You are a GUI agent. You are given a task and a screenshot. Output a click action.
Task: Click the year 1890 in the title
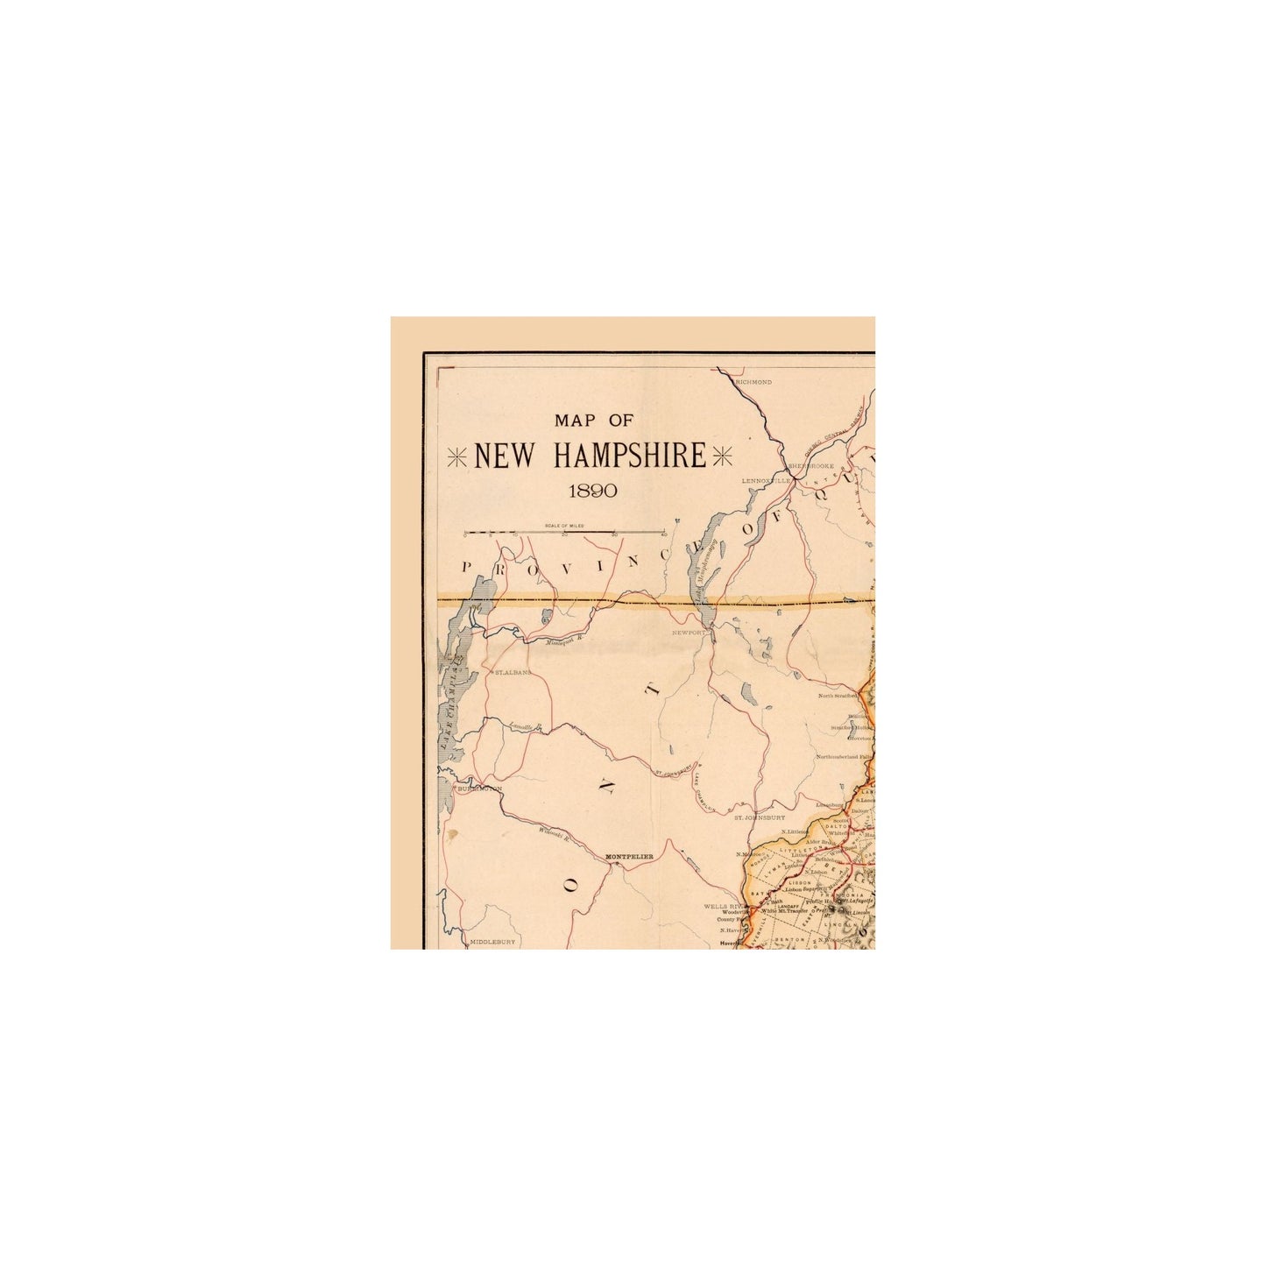593,491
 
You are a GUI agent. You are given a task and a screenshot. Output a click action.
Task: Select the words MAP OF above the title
593,421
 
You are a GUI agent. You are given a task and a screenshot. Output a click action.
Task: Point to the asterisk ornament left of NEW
458,456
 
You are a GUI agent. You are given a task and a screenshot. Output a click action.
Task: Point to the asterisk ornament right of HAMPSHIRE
723,456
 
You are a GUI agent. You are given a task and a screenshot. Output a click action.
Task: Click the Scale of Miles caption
564,526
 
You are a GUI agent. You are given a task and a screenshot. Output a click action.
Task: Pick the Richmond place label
754,383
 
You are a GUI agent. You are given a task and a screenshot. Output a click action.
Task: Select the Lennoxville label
766,481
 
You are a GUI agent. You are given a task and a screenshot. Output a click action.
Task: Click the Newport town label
689,631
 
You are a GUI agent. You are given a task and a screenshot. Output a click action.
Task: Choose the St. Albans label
513,672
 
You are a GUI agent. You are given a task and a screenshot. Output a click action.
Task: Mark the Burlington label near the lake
479,789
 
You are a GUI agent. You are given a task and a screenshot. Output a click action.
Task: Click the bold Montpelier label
630,856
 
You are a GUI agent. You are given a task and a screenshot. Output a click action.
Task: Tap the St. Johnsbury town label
759,817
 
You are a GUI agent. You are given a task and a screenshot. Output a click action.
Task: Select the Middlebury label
493,942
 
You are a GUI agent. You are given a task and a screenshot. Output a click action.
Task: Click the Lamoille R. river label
527,726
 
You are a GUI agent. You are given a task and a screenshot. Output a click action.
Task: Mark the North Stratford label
838,696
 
